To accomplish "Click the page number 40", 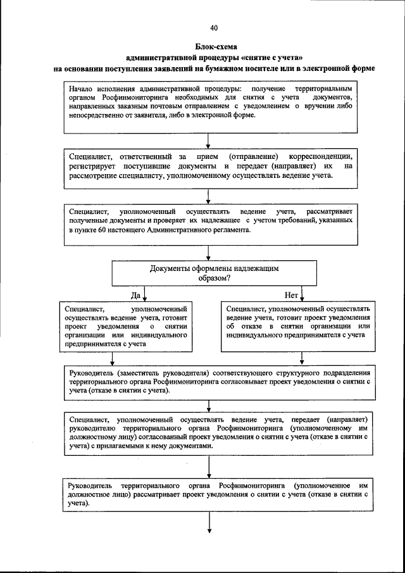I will click(x=213, y=28).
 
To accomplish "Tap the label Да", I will click(x=135, y=295).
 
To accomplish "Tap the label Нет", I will click(x=291, y=295).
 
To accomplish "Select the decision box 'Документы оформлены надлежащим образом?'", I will click(x=214, y=273).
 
